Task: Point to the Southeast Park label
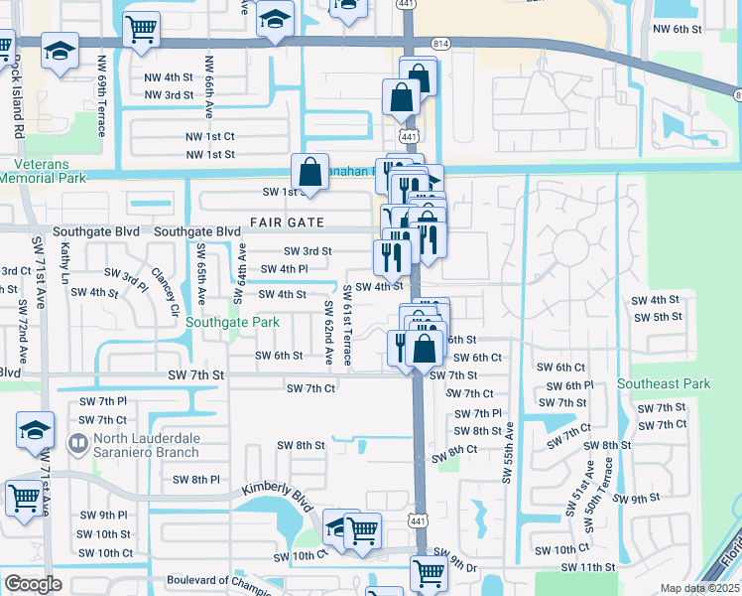tap(664, 383)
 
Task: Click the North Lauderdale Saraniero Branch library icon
tap(77, 442)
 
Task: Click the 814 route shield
tap(439, 44)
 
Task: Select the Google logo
tap(33, 583)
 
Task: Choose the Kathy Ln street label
tap(64, 264)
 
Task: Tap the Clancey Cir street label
tap(165, 290)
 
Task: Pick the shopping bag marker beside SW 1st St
tap(309, 171)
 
